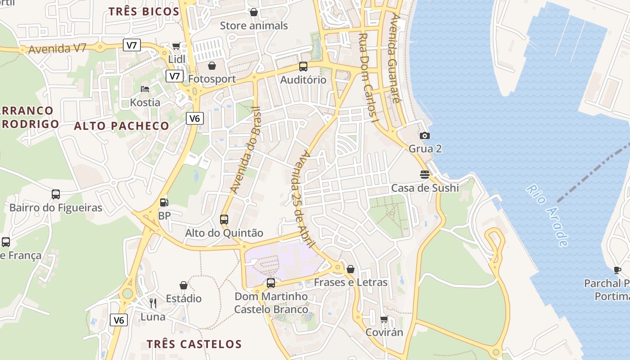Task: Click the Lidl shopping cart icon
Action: (x=176, y=46)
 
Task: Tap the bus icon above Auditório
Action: (x=303, y=67)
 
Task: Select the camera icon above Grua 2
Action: (x=424, y=135)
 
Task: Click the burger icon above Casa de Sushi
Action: (x=424, y=174)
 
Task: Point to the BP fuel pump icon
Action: (x=164, y=203)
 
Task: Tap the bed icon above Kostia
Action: (x=145, y=89)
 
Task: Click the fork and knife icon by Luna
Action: (x=153, y=303)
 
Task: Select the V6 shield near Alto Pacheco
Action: (x=194, y=118)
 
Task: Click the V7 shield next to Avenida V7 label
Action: (x=131, y=45)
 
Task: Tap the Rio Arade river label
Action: (x=547, y=216)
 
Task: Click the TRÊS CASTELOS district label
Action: (x=194, y=344)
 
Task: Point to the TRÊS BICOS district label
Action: (x=144, y=12)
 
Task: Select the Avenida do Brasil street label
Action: (x=245, y=150)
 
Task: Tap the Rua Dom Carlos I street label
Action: (x=368, y=77)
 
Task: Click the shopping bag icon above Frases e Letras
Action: (x=351, y=269)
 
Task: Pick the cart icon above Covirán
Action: (x=384, y=319)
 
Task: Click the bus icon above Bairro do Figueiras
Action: (x=56, y=194)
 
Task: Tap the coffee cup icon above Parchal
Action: (x=617, y=270)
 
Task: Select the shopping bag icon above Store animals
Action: (x=254, y=12)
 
